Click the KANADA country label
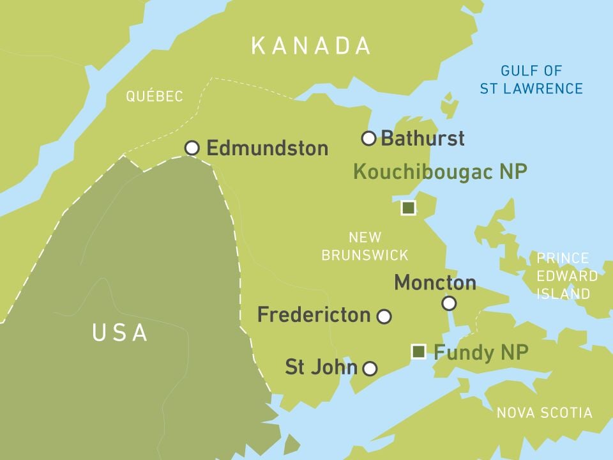click(311, 45)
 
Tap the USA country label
click(120, 333)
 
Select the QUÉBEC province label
click(155, 96)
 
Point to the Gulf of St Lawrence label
click(531, 79)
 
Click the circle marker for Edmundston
click(192, 148)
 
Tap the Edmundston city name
click(267, 149)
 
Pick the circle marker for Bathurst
click(368, 138)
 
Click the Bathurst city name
click(422, 138)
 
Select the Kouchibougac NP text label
click(440, 172)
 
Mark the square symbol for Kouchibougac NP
click(408, 208)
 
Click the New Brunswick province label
click(365, 246)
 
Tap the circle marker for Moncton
click(450, 303)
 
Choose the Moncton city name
click(435, 282)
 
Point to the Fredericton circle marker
click(384, 316)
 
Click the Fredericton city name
click(314, 314)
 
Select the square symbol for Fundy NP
click(419, 351)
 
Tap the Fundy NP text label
click(481, 352)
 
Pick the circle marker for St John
click(370, 368)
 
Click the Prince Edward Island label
click(563, 276)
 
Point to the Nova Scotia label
click(544, 413)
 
